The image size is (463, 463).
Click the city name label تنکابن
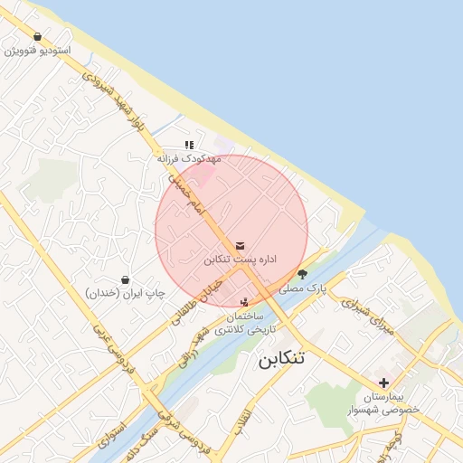pyautogui.click(x=281, y=358)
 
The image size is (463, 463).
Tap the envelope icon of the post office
pyautogui.click(x=240, y=245)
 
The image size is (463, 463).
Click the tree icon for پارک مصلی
pyautogui.click(x=303, y=273)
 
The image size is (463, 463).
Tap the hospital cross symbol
pyautogui.click(x=384, y=383)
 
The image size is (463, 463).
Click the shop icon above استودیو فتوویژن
pyautogui.click(x=37, y=36)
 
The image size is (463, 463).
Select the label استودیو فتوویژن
pyautogui.click(x=38, y=51)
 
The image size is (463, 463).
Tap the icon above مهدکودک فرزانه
pyautogui.click(x=189, y=145)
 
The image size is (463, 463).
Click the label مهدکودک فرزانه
pyautogui.click(x=189, y=158)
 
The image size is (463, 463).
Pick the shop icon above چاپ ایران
pyautogui.click(x=125, y=279)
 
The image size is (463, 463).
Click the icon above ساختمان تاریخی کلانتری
pyautogui.click(x=244, y=301)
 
